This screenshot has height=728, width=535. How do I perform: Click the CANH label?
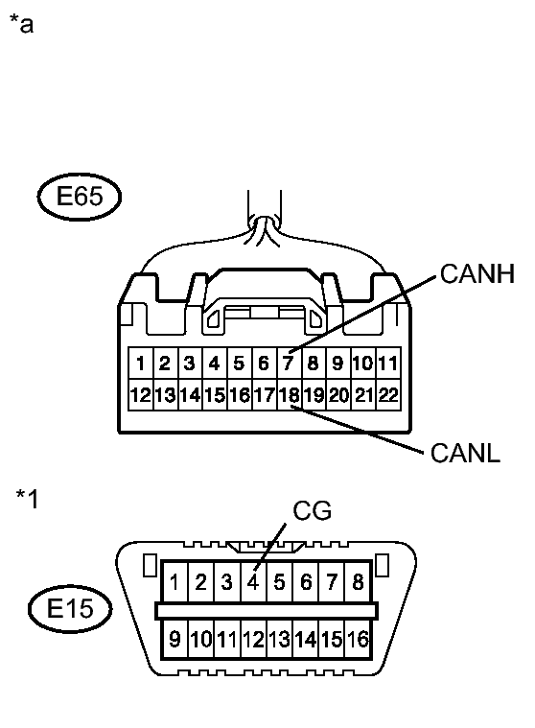point(477,276)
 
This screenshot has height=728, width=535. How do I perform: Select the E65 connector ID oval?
point(79,199)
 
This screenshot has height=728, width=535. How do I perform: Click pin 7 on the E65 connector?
point(289,364)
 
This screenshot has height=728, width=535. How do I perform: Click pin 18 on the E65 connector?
point(289,394)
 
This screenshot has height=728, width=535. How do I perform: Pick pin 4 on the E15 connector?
point(253,581)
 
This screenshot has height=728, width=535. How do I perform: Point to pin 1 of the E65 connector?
point(140,364)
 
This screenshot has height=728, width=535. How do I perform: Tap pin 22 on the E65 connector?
point(387,394)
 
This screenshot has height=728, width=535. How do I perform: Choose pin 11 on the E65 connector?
point(387,364)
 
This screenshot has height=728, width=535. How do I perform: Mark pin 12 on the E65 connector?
point(140,394)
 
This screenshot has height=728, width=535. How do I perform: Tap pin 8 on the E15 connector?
point(357,581)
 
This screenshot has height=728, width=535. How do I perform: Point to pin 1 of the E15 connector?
point(175,581)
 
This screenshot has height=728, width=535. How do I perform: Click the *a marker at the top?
point(21,24)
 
